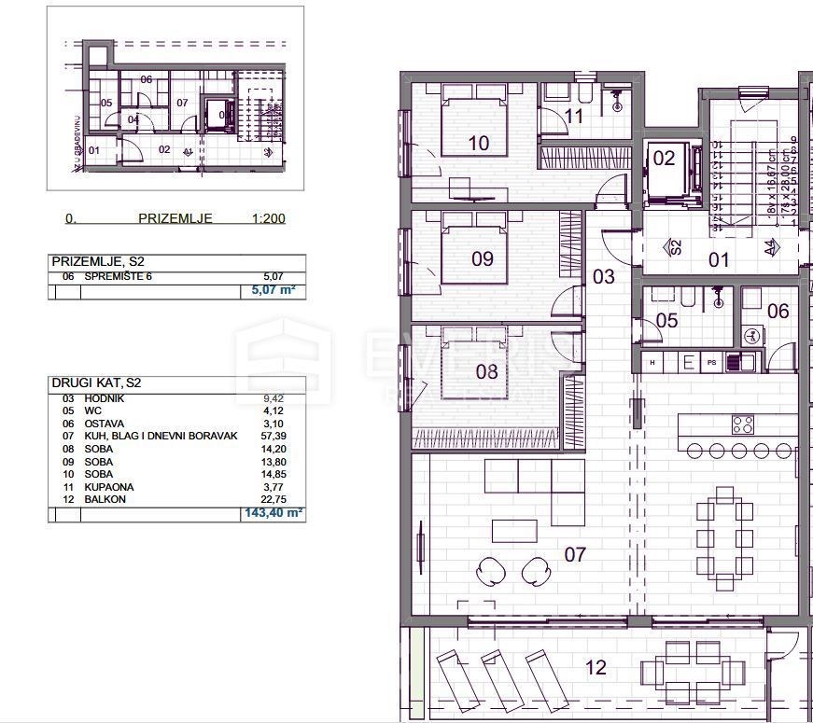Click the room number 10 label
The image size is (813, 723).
[478, 143]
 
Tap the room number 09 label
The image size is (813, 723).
[482, 258]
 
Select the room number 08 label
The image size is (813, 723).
[486, 370]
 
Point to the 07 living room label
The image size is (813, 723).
[575, 554]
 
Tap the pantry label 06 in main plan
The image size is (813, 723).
[778, 312]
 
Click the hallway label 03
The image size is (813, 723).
[604, 276]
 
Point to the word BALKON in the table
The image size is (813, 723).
[105, 500]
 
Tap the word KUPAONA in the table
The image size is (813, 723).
[109, 487]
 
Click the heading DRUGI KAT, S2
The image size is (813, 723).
[96, 383]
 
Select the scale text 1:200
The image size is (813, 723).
[268, 219]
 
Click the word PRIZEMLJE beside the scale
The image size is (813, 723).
[175, 219]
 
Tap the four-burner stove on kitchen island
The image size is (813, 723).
[743, 424]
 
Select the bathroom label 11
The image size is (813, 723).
[574, 117]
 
